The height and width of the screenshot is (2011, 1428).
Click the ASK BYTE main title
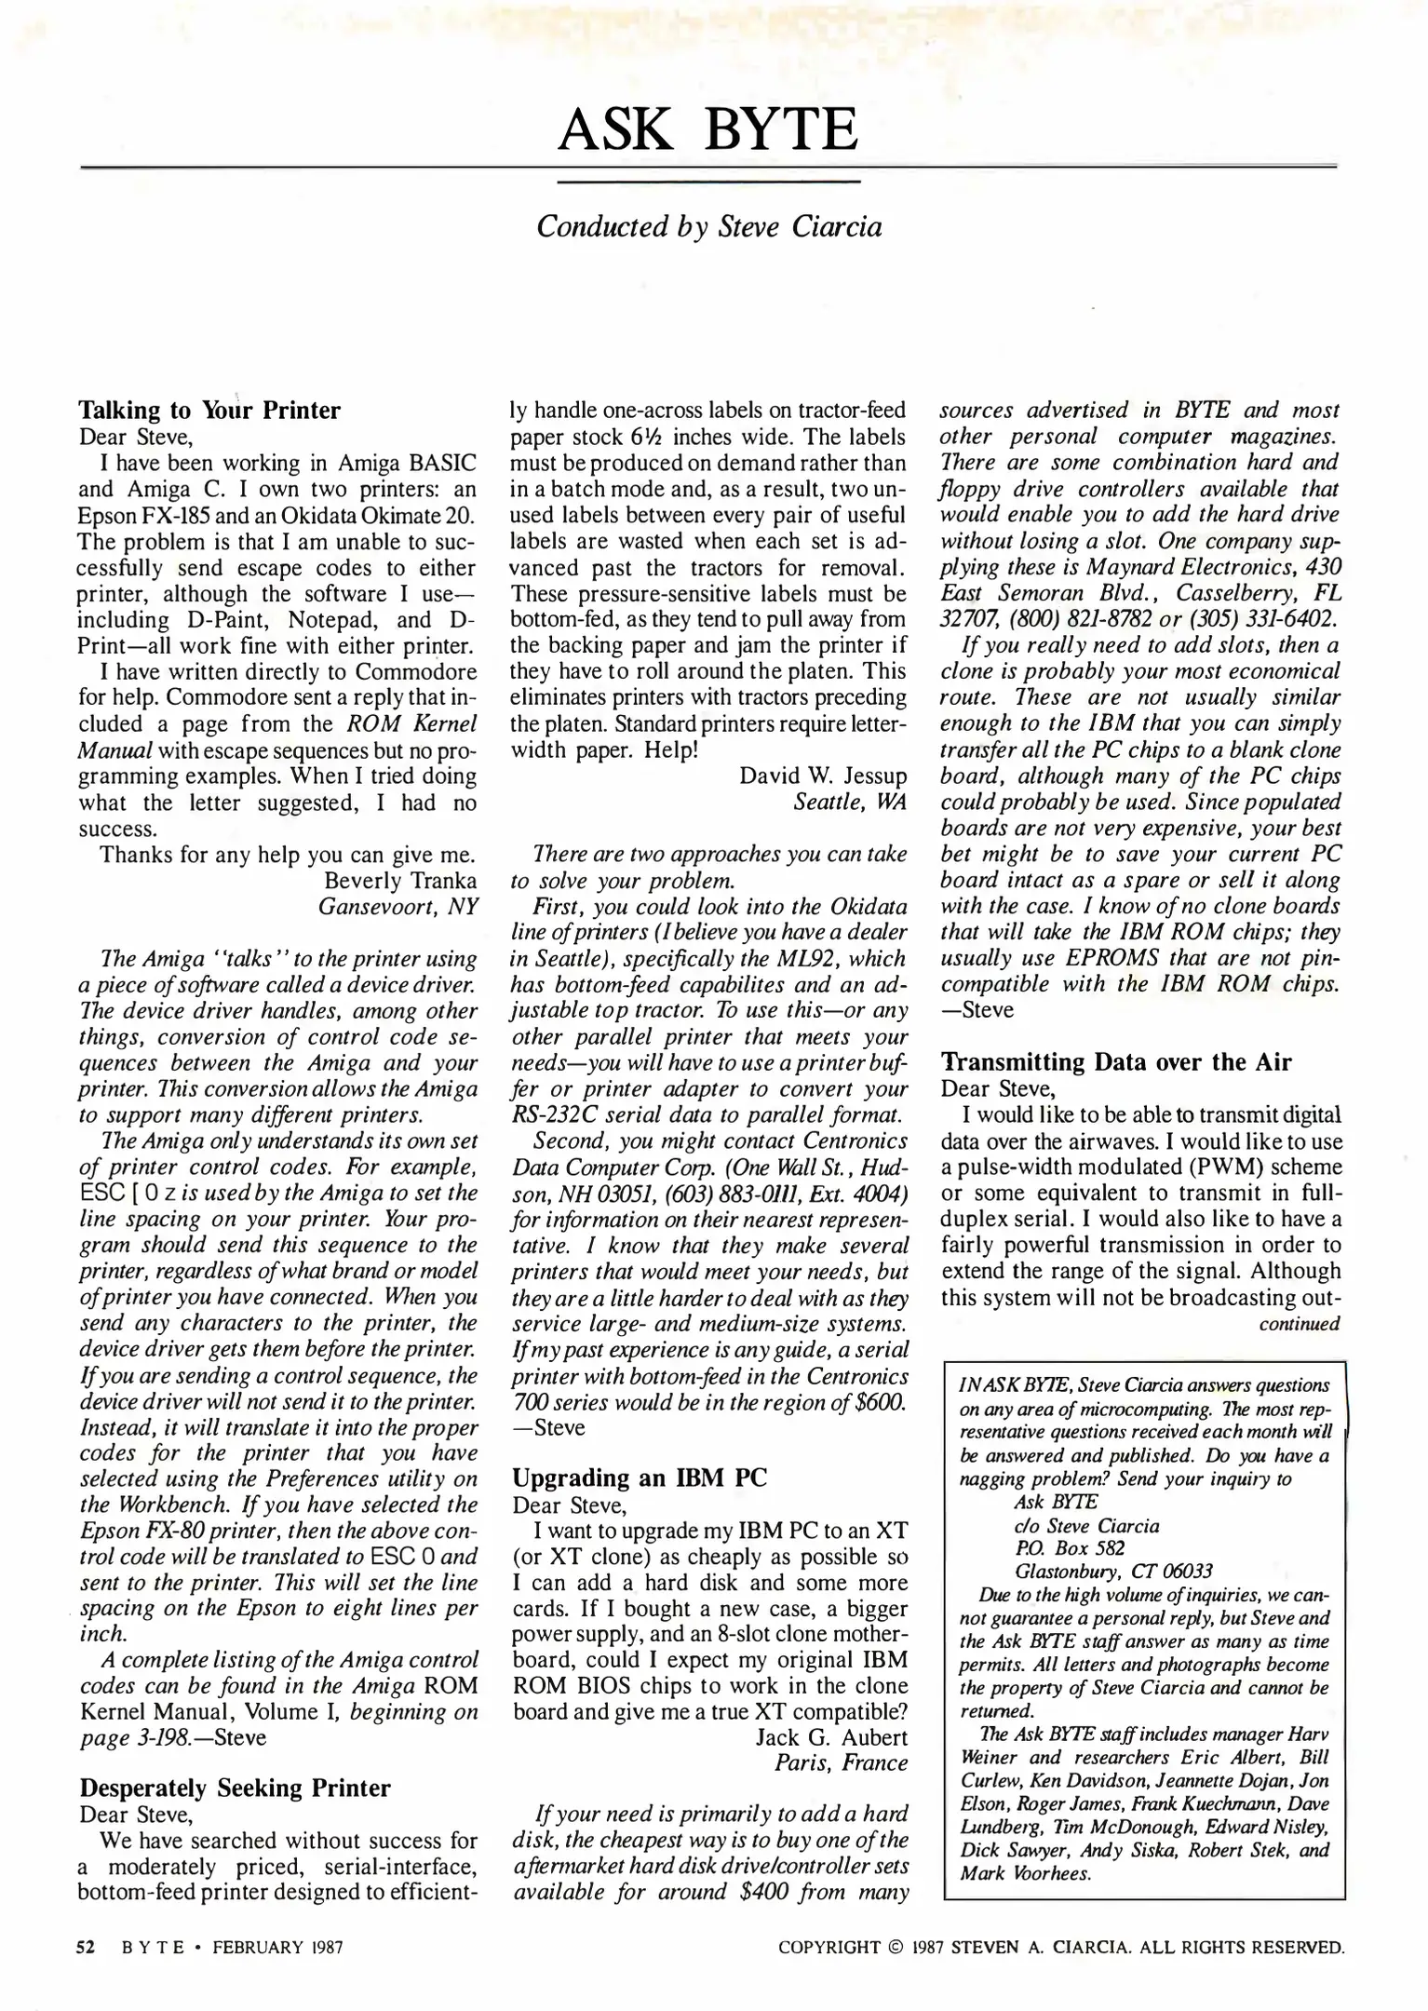pyautogui.click(x=707, y=129)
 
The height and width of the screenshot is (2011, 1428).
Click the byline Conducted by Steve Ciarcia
pyautogui.click(x=708, y=227)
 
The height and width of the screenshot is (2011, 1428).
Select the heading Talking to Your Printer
pyautogui.click(x=209, y=411)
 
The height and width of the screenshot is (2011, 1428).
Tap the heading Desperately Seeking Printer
pyautogui.click(x=235, y=1788)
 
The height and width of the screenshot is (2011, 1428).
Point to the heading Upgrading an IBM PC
pyautogui.click(x=639, y=1478)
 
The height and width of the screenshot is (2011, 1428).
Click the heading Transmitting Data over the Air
pyautogui.click(x=1116, y=1061)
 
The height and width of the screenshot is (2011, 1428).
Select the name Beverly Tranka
pyautogui.click(x=400, y=880)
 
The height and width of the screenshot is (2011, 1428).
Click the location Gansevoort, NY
pyautogui.click(x=397, y=906)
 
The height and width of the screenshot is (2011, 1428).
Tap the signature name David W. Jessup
pyautogui.click(x=823, y=776)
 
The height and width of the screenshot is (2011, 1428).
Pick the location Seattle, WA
pyautogui.click(x=850, y=802)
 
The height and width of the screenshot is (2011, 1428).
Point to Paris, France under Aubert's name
pyautogui.click(x=842, y=1763)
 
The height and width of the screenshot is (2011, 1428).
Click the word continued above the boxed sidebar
pyautogui.click(x=1299, y=1323)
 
